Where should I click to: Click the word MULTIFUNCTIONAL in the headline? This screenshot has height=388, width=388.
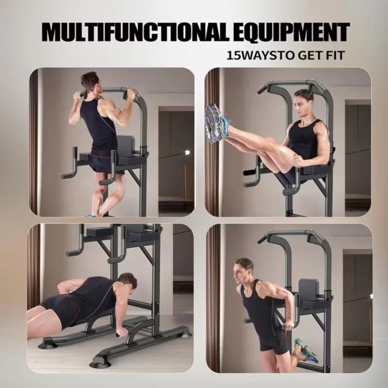136,33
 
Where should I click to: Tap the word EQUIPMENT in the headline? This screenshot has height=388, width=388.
291,33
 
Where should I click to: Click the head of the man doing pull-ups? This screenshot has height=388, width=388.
90,82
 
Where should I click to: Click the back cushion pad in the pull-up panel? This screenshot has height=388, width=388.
126,147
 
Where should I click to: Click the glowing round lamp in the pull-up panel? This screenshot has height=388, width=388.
188,152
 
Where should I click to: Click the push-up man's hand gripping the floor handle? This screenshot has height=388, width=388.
121,332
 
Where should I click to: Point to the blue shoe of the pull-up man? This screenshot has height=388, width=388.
91,215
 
